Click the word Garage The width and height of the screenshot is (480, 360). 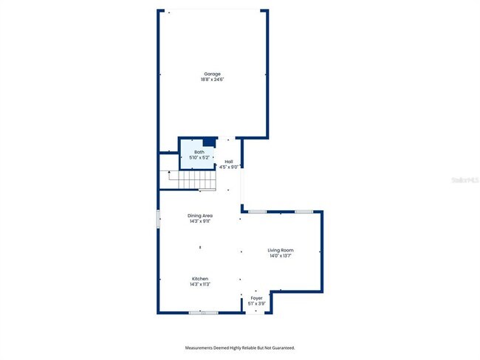pyautogui.click(x=212, y=74)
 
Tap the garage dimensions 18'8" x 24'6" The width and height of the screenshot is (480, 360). pyautogui.click(x=212, y=79)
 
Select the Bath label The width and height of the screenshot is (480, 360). pyautogui.click(x=199, y=152)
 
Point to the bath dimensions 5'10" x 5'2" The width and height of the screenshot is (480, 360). pyautogui.click(x=200, y=157)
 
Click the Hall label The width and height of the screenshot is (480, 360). pyautogui.click(x=229, y=162)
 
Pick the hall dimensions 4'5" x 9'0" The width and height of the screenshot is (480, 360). pyautogui.click(x=229, y=167)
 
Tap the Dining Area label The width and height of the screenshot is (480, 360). pyautogui.click(x=200, y=215)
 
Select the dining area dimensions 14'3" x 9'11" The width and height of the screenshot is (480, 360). pyautogui.click(x=200, y=221)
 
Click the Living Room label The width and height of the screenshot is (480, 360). pyautogui.click(x=281, y=251)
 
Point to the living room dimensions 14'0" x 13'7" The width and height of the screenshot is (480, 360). pyautogui.click(x=281, y=256)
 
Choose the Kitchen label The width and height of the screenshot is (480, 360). pyautogui.click(x=200, y=279)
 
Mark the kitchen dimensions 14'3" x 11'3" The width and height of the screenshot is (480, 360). pyautogui.click(x=200, y=284)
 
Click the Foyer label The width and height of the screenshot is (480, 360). pyautogui.click(x=256, y=298)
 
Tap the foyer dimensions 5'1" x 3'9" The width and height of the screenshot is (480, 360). pyautogui.click(x=256, y=303)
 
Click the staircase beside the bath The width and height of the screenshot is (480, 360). pyautogui.click(x=191, y=180)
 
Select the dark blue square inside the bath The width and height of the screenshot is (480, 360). pyautogui.click(x=208, y=142)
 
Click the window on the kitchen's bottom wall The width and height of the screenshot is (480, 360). pyautogui.click(x=203, y=313)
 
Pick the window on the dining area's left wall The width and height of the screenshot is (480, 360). pyautogui.click(x=158, y=219)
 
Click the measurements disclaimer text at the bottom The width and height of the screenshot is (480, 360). pyautogui.click(x=239, y=347)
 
